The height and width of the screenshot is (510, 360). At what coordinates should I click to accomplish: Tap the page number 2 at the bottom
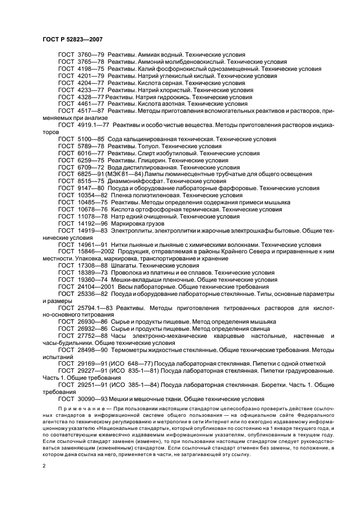click(45, 466)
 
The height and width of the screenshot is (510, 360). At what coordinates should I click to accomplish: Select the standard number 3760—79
click(89, 55)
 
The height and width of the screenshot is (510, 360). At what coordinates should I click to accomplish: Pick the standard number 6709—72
click(89, 168)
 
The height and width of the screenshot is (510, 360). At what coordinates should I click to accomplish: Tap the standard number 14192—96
click(91, 223)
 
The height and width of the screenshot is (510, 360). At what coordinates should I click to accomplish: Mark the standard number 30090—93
click(91, 399)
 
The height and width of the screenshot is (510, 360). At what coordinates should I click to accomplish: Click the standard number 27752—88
click(91, 336)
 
